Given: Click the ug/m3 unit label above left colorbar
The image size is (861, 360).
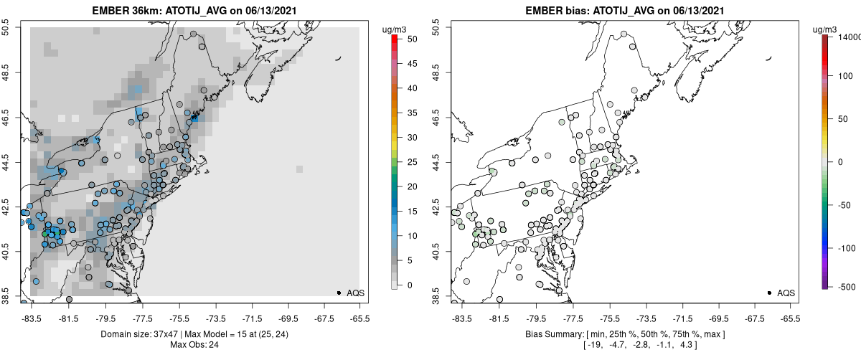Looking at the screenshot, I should (x=395, y=29).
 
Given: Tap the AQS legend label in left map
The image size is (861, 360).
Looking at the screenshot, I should (x=356, y=293).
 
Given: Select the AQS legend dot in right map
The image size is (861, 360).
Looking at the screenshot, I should (x=769, y=293).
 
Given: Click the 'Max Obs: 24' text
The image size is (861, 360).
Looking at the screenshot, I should (x=194, y=345).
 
